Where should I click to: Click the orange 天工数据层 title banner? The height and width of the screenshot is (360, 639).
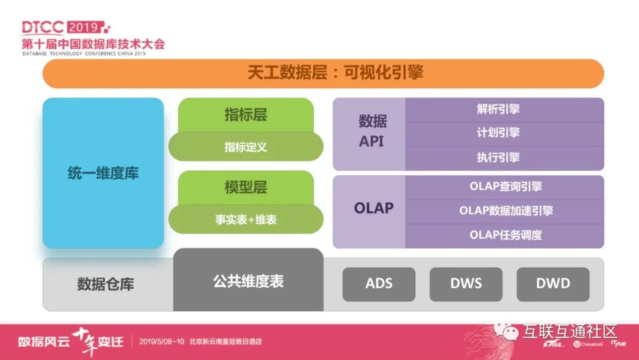coord(323,73)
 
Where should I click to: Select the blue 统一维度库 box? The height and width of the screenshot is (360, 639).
coord(103,173)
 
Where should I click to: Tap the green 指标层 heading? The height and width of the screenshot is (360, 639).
coord(246,115)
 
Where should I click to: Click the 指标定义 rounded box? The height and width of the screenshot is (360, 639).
coord(246,147)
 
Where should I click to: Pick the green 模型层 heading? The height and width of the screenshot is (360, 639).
coord(246,187)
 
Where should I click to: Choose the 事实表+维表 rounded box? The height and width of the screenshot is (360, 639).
coord(246,220)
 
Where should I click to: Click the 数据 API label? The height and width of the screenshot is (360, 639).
coord(372,131)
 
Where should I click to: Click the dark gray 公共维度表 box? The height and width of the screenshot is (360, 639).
coord(248,281)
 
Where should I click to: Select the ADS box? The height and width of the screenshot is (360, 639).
coord(379,284)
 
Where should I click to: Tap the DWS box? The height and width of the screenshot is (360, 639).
coord(466,284)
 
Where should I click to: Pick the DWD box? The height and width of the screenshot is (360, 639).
coord(553,284)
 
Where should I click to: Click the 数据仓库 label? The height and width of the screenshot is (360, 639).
coord(105,284)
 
